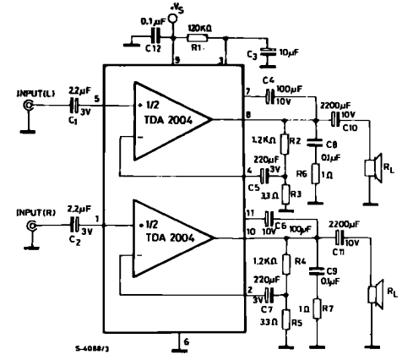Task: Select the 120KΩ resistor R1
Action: pyautogui.click(x=201, y=38)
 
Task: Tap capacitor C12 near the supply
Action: pyautogui.click(x=155, y=38)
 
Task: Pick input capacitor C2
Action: pyautogui.click(x=75, y=226)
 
